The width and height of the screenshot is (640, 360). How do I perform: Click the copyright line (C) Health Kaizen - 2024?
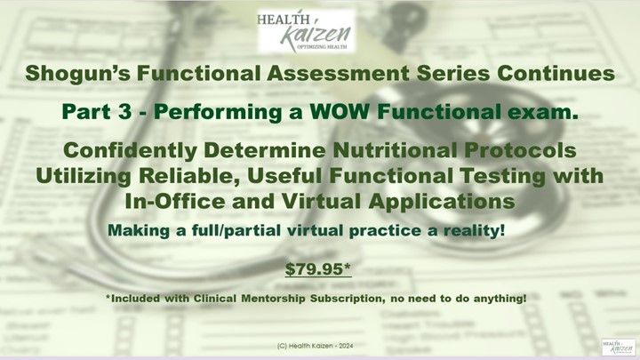tap(318, 342)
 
